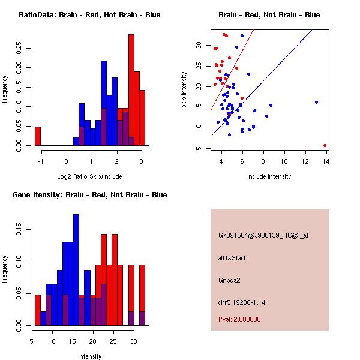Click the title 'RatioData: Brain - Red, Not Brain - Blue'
point(89,15)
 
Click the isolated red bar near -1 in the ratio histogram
point(38,136)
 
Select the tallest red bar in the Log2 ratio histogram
point(131,90)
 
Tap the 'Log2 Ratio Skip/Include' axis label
point(89,176)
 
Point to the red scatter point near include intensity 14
point(325,145)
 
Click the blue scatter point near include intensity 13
point(316,102)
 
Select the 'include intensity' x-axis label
point(269,176)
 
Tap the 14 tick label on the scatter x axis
point(325,161)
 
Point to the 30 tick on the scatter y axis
point(197,45)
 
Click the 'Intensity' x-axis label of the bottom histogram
point(90,356)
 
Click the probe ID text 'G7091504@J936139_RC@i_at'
point(263,236)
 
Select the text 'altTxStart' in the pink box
point(232,258)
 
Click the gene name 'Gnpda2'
point(230,280)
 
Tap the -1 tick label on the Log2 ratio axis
point(41,161)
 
